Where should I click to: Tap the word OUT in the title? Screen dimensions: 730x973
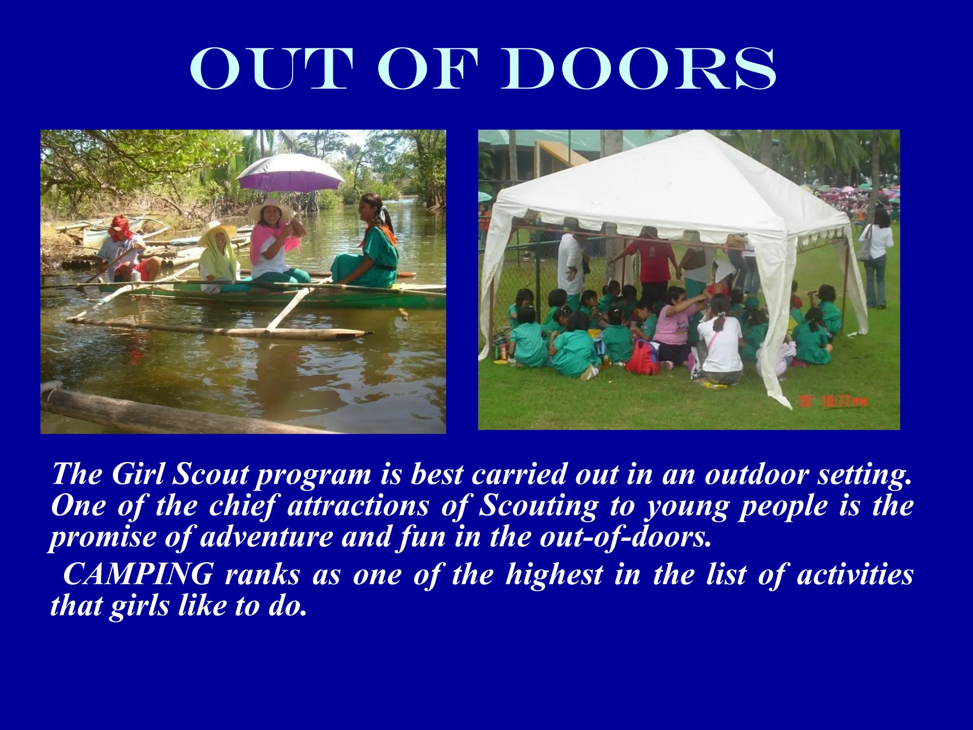tap(271, 69)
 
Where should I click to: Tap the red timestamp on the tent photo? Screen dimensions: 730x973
tap(833, 402)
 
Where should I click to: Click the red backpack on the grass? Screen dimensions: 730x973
tap(642, 357)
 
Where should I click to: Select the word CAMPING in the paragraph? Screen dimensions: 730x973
tap(138, 574)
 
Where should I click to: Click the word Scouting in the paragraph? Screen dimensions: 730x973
tap(538, 506)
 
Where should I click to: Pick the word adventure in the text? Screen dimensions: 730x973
tap(266, 537)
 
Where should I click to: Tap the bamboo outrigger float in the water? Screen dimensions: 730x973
tap(219, 328)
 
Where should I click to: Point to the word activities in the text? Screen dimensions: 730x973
tap(855, 574)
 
